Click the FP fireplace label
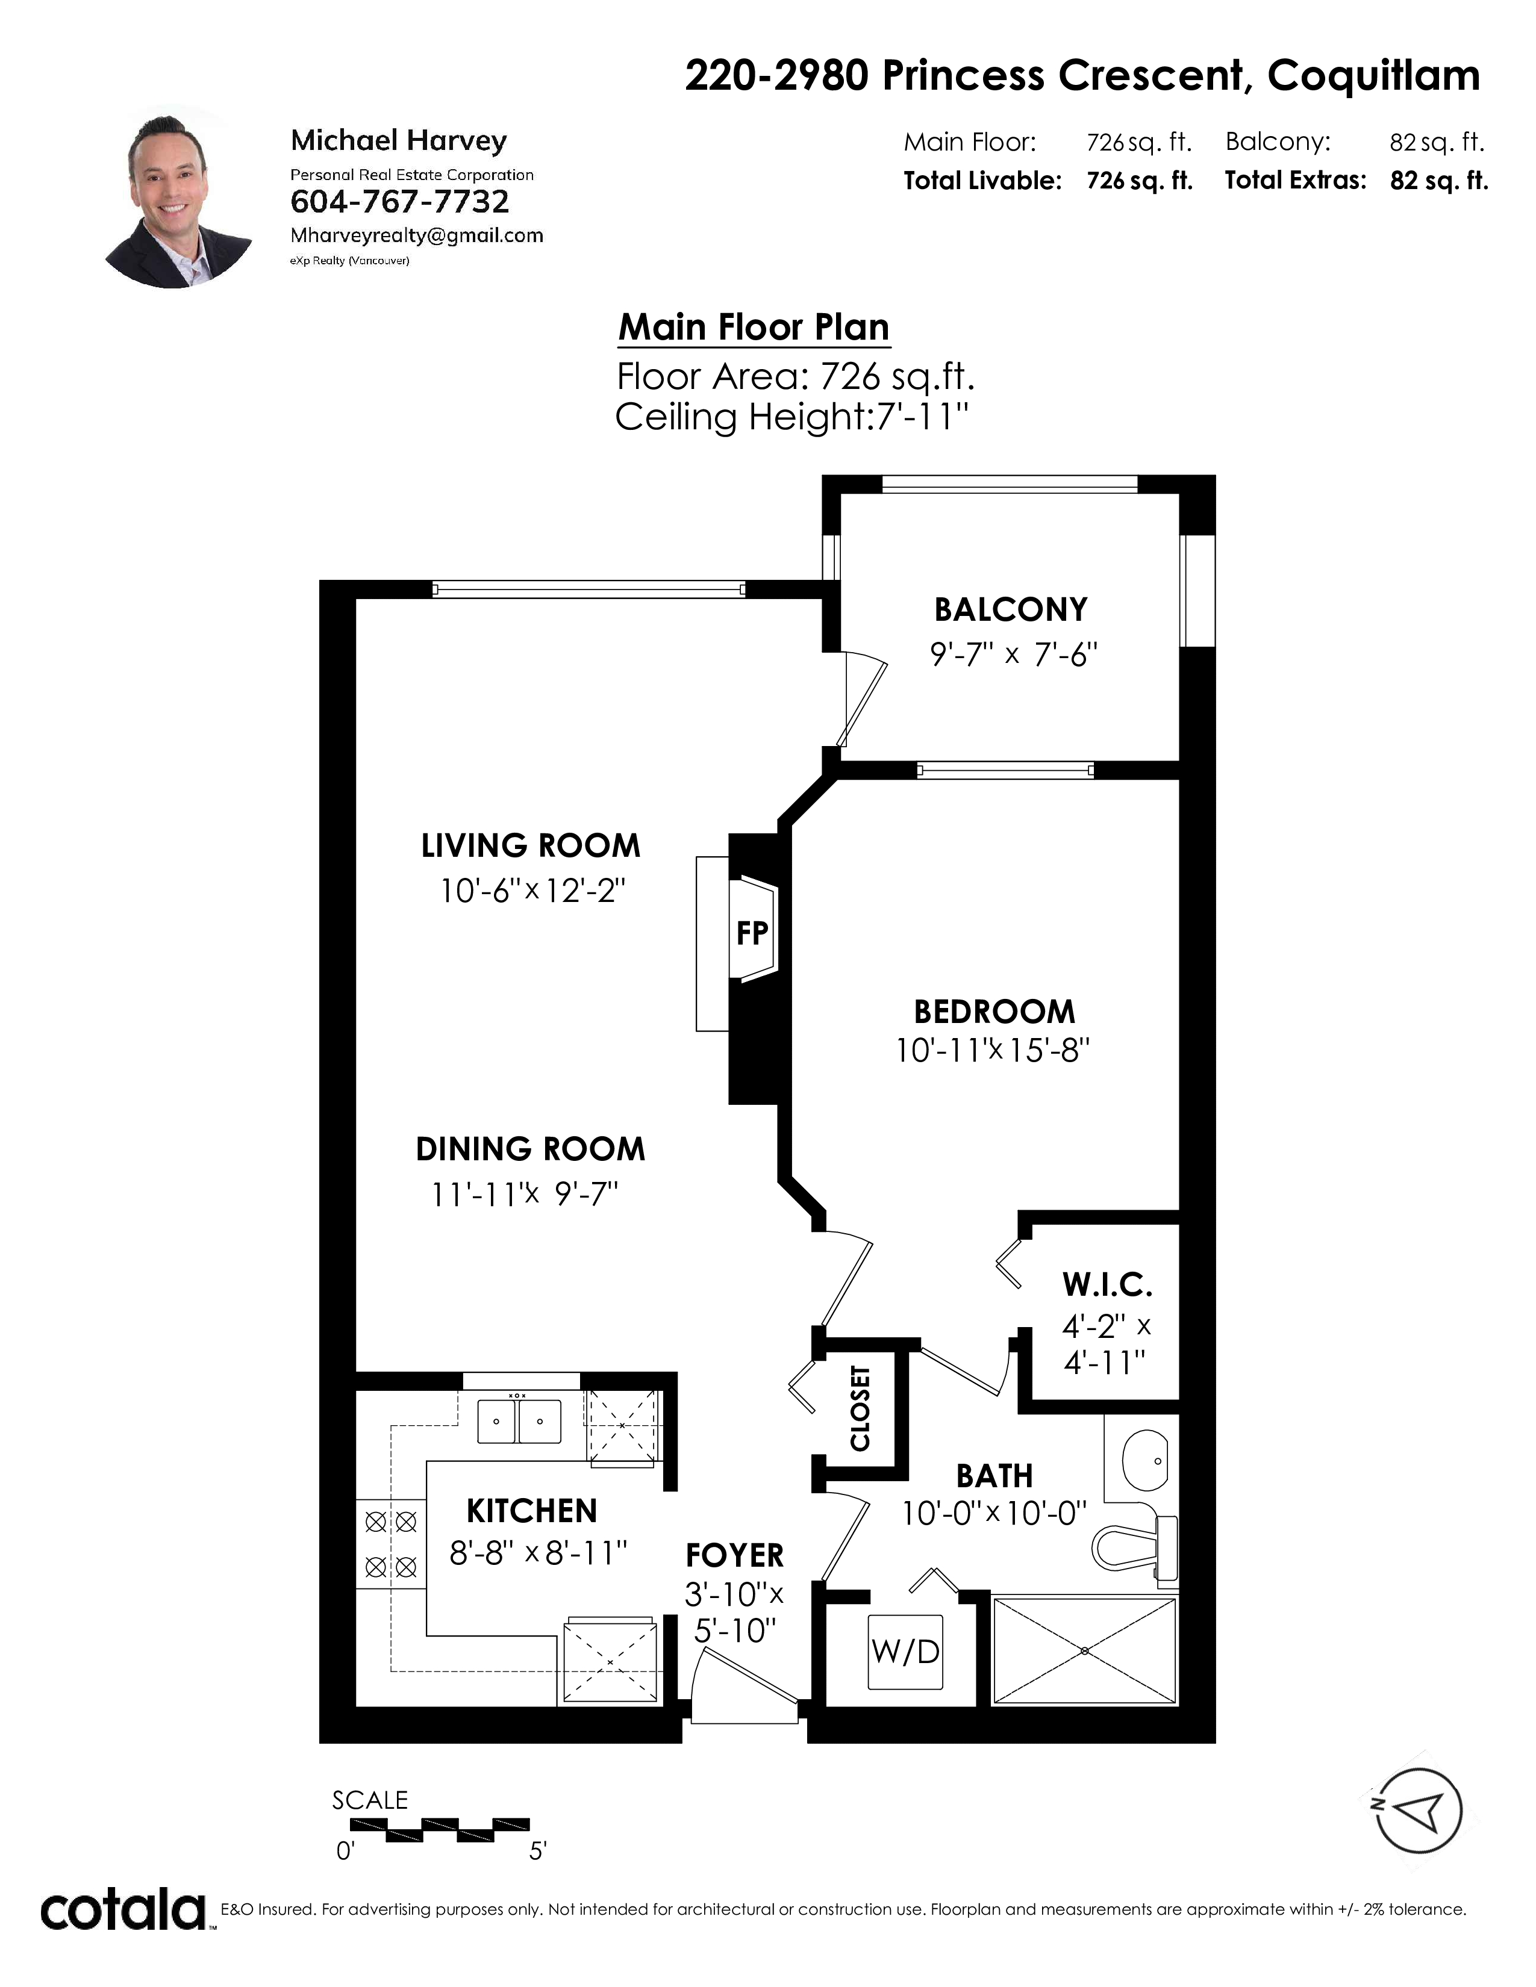coord(752,933)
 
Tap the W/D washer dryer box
coord(905,1651)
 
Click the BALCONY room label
coord(1011,609)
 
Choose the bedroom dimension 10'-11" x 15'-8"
coord(993,1051)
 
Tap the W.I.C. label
coord(1107,1286)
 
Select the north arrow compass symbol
coord(1419,1811)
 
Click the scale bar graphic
coord(440,1828)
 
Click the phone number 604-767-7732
coord(399,202)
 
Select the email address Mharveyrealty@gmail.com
coord(417,235)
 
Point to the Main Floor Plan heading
coord(754,328)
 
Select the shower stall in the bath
coord(1085,1650)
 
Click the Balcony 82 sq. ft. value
coord(1437,142)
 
